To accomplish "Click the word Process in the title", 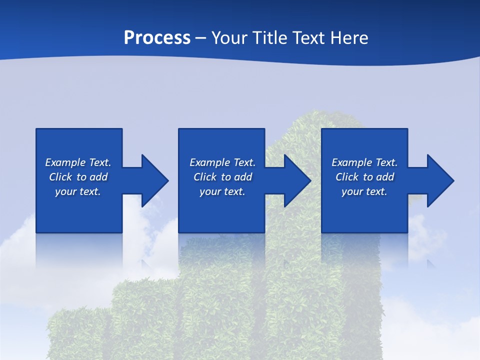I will [157, 37].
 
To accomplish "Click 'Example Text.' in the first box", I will [78, 162].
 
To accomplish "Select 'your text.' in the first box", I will [78, 191].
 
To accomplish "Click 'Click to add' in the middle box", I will [222, 177].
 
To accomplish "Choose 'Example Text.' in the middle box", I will [222, 162].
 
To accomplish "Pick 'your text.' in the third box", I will [364, 191].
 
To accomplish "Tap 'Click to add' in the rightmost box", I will [364, 177].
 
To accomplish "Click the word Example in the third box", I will [351, 162].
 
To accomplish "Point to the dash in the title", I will [200, 38].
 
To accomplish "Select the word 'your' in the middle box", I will [210, 191].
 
